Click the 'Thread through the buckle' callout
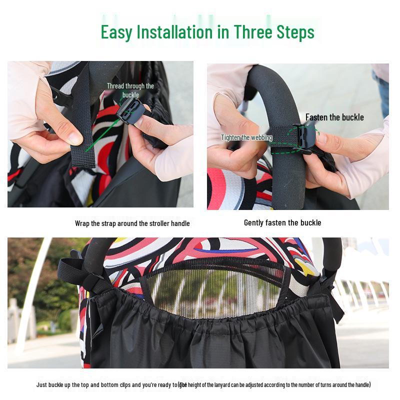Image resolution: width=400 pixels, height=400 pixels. (x=130, y=90)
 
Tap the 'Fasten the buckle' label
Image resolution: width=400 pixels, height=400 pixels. (x=334, y=117)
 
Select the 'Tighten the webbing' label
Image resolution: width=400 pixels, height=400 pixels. (x=247, y=137)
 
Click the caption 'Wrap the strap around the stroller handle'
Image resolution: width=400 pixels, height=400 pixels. (x=132, y=223)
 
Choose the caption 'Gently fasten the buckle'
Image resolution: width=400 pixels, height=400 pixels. (x=282, y=222)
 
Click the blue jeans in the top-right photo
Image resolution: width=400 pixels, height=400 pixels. (x=382, y=95)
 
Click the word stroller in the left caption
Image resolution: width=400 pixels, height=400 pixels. (x=145, y=223)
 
